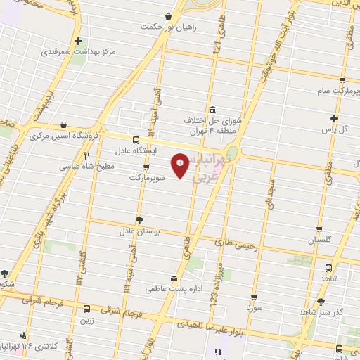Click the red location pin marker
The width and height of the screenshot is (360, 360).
click(x=180, y=166)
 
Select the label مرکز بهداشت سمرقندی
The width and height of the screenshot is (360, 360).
click(x=77, y=52)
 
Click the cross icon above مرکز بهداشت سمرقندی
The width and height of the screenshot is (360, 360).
click(x=78, y=41)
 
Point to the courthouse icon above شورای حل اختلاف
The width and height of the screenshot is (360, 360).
click(x=212, y=109)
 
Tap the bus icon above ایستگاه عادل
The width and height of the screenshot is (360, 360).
click(x=136, y=139)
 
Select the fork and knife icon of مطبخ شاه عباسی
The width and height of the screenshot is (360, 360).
click(x=87, y=156)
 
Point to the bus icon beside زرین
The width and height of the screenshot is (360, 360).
click(x=87, y=309)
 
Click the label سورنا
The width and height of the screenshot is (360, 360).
click(x=255, y=307)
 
